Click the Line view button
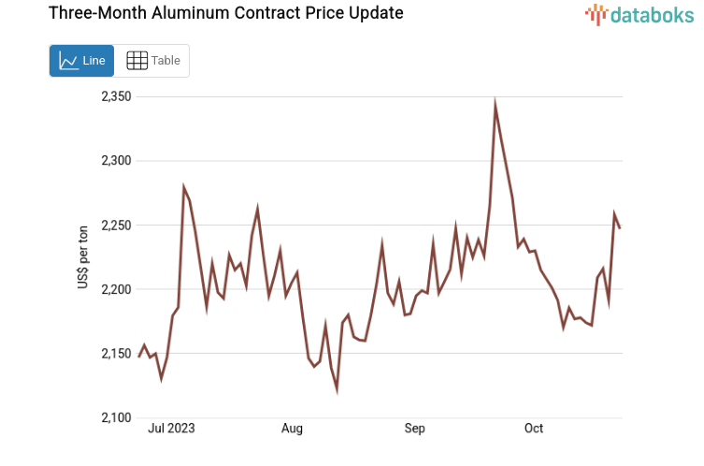point(81,61)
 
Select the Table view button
point(153,61)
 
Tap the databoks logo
point(639,14)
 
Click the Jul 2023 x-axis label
point(172,429)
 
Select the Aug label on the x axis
point(292,429)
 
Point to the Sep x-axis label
point(414,429)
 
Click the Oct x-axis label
point(533,429)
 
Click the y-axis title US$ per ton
point(84,257)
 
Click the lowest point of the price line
point(337,389)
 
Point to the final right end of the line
point(619,227)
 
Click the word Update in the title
point(375,14)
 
